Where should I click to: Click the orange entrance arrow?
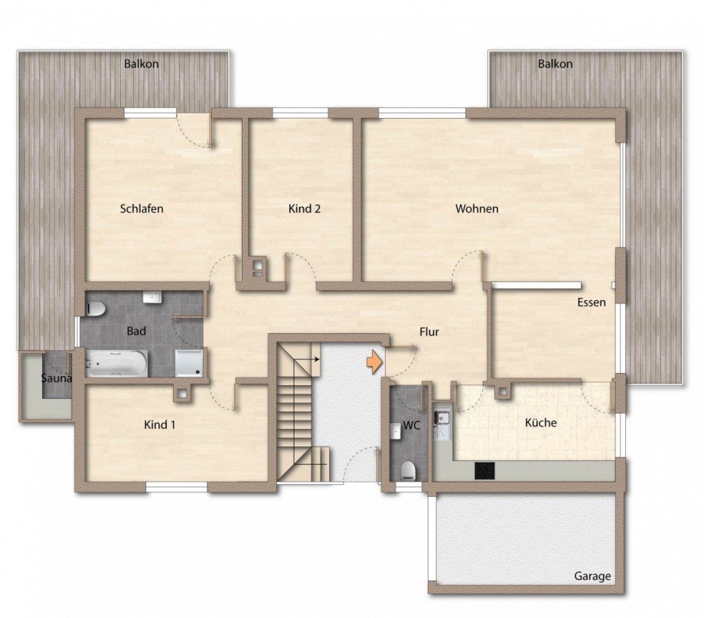(373, 362)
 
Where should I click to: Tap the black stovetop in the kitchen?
(485, 470)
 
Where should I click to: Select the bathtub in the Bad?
(116, 363)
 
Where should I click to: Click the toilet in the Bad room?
(96, 309)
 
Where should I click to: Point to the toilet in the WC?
(408, 470)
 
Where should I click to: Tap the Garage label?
(592, 576)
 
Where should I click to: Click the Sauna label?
(56, 378)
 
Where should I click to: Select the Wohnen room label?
(477, 208)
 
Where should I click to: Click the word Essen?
(592, 302)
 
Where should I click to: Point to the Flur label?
(429, 332)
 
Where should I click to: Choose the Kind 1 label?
(159, 425)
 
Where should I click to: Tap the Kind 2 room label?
(305, 208)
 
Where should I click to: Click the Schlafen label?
(142, 209)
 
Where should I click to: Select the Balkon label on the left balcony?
(142, 64)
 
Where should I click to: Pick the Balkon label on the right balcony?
(556, 64)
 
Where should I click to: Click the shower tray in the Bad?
(188, 363)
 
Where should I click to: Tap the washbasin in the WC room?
(396, 430)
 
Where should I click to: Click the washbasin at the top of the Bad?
(152, 297)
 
